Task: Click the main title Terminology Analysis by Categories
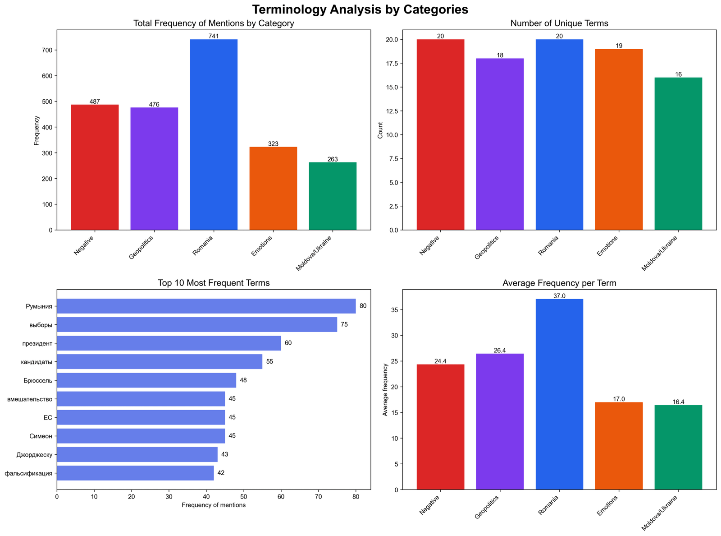360,9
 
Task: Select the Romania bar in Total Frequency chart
214,135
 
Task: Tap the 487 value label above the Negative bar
95,102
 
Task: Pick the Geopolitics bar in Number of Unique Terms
500,144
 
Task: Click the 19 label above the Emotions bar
619,46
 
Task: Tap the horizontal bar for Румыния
206,306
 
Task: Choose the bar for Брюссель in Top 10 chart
146,380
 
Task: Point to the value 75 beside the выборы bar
344,324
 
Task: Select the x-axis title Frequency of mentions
214,505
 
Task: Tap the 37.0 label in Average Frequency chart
559,296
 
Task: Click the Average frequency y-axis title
385,389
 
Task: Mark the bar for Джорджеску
137,454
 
